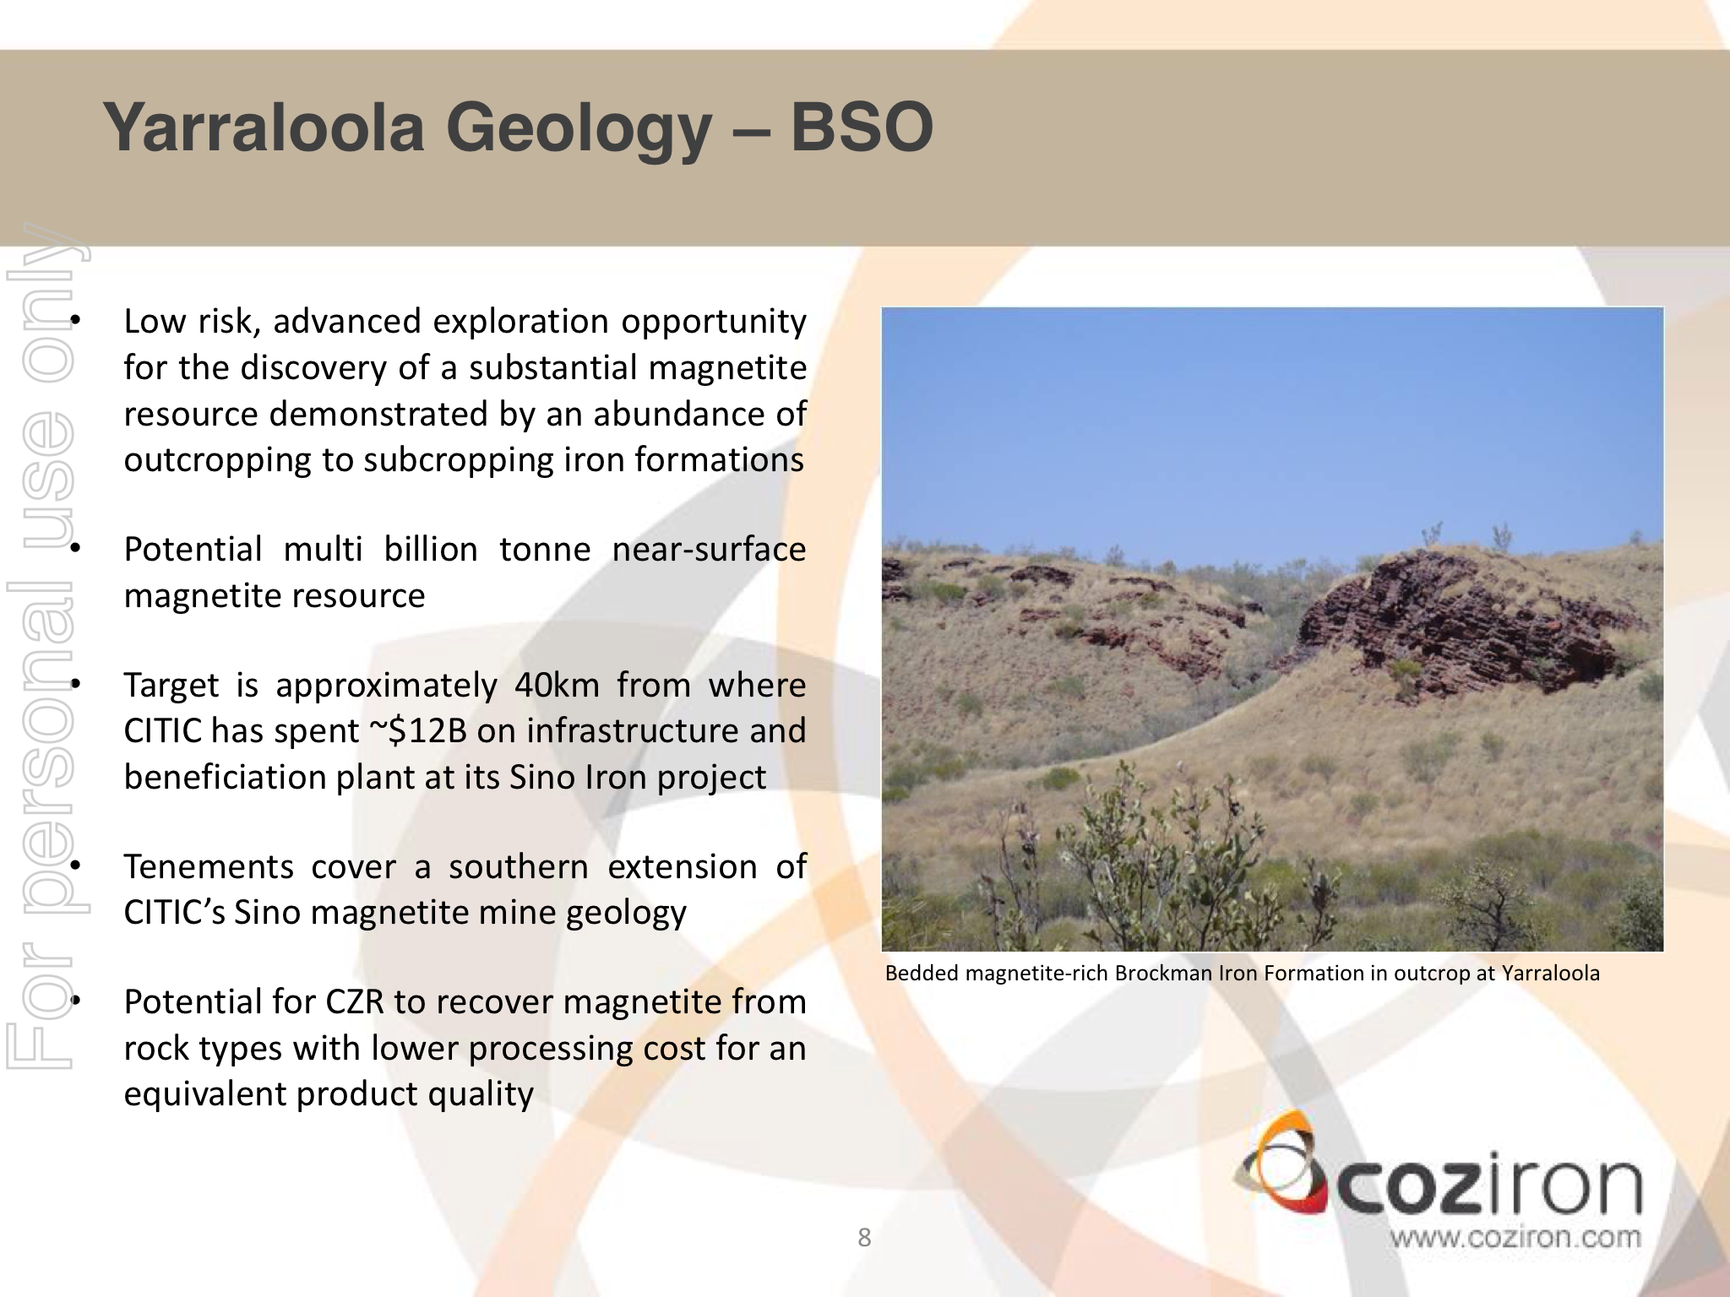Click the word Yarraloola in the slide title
click(x=264, y=129)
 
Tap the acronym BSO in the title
click(x=862, y=128)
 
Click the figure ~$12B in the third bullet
click(x=419, y=731)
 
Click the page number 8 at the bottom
click(x=864, y=1238)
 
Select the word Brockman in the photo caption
click(x=1152, y=974)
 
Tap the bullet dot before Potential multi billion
click(x=74, y=550)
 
